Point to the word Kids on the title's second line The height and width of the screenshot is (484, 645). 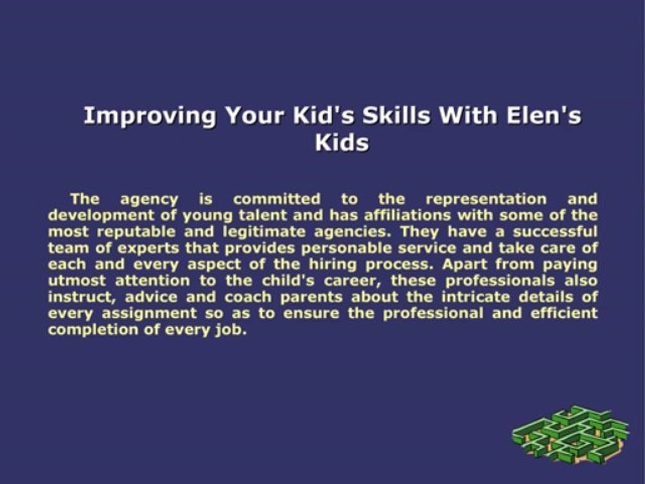click(342, 143)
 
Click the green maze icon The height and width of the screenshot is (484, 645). click(570, 433)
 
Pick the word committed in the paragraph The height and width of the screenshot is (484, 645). click(277, 199)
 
